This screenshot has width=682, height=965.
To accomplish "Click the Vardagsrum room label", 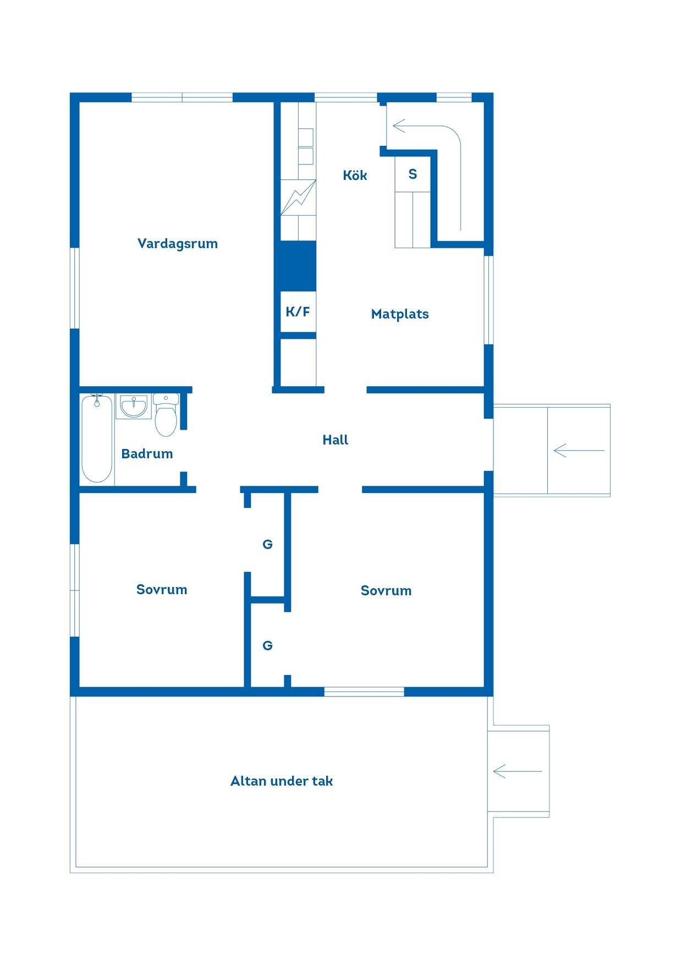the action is pos(177,244).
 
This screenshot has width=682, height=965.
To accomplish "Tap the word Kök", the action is pos(355,175).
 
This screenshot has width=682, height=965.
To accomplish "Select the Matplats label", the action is pos(400,314).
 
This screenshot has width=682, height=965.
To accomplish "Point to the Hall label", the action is pos(335,440).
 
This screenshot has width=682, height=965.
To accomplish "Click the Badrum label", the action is pos(147,454).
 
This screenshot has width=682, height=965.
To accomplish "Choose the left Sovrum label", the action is pos(162,590).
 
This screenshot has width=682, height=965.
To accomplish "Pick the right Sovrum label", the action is pos(386,591).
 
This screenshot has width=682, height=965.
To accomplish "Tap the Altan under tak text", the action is pos(282,781).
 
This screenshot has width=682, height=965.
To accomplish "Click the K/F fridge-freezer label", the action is pos(298,312).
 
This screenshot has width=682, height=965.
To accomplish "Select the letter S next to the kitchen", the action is pos(413,174).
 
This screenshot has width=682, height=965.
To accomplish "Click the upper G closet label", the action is pos(268,545).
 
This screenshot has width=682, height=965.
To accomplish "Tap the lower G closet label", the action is pos(268,646).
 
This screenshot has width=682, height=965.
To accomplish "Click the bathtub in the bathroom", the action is pos(97,438).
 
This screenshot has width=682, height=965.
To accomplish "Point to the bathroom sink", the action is pos(134,407).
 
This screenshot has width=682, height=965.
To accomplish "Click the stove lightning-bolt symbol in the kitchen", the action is pos(298,198).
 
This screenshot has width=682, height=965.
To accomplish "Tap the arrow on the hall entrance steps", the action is pos(579,451).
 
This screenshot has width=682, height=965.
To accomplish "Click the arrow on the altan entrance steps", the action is pos(518,771).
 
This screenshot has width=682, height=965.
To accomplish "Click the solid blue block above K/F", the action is pos(298,266).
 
